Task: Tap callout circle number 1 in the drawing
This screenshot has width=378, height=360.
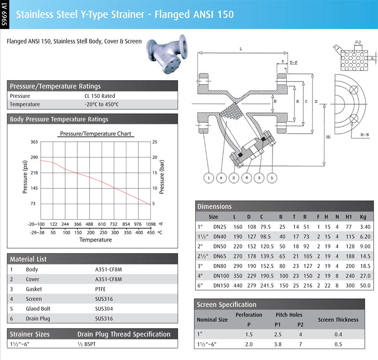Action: (x=209, y=178)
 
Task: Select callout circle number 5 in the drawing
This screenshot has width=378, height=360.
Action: (x=272, y=178)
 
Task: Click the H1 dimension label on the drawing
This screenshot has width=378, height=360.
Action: (x=328, y=137)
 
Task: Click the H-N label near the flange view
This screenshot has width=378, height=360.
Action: (x=364, y=135)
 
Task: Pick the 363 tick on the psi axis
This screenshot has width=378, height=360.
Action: (x=34, y=142)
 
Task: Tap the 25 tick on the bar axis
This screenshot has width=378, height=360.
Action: (x=154, y=142)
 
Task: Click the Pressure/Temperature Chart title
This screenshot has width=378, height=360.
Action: (x=95, y=134)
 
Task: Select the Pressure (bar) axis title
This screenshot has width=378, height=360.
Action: (x=161, y=173)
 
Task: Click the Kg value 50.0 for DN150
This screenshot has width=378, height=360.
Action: (x=365, y=286)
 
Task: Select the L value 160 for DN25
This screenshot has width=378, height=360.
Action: (x=238, y=227)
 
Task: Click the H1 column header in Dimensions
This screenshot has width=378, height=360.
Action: (x=349, y=217)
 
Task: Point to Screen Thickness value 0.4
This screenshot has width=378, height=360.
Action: (x=338, y=334)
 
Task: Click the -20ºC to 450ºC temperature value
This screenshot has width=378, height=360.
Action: (x=102, y=104)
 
